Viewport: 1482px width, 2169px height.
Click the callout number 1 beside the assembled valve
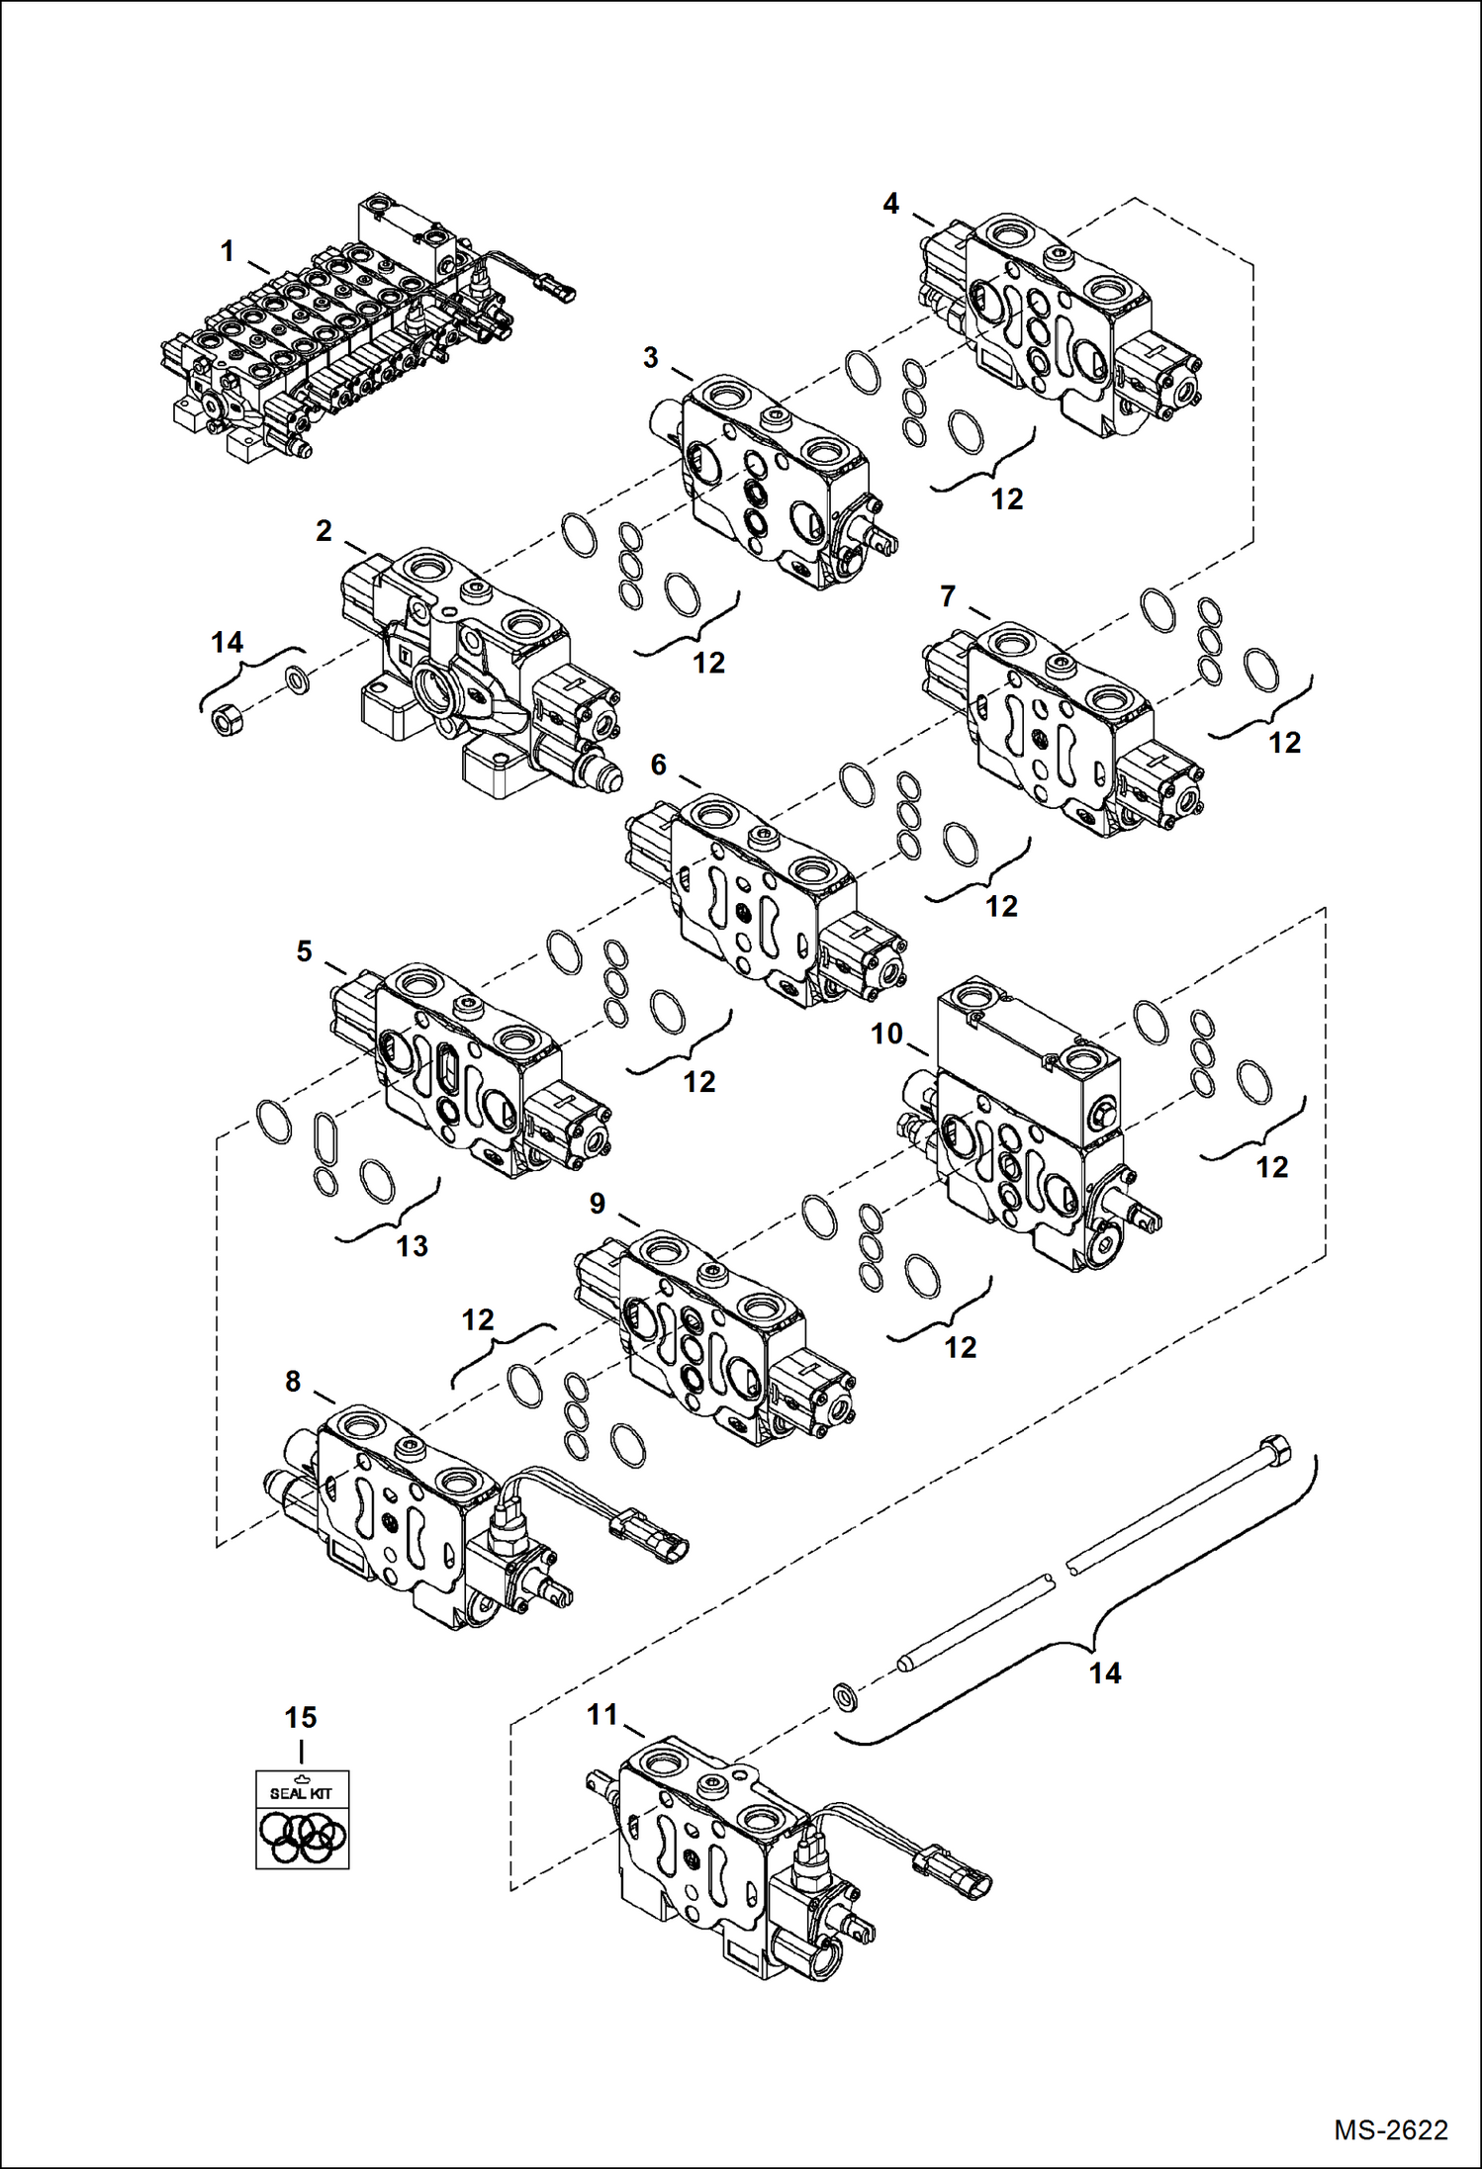[x=228, y=251]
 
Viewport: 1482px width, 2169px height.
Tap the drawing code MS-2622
[x=1390, y=2128]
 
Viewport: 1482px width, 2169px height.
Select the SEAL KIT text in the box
[x=302, y=1792]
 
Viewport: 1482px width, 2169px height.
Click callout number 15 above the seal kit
[x=301, y=1717]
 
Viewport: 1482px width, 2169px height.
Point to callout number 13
[x=412, y=1246]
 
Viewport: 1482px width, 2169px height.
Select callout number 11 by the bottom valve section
[x=602, y=1714]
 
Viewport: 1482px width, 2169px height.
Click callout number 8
[x=293, y=1381]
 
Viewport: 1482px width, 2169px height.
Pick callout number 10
[x=886, y=1034]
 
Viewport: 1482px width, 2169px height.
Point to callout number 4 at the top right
[x=890, y=203]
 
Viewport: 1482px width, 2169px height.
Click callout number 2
[x=324, y=531]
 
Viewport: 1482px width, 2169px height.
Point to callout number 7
[x=948, y=596]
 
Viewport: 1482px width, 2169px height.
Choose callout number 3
[x=650, y=357]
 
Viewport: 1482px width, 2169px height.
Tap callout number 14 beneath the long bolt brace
[x=1105, y=1672]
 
